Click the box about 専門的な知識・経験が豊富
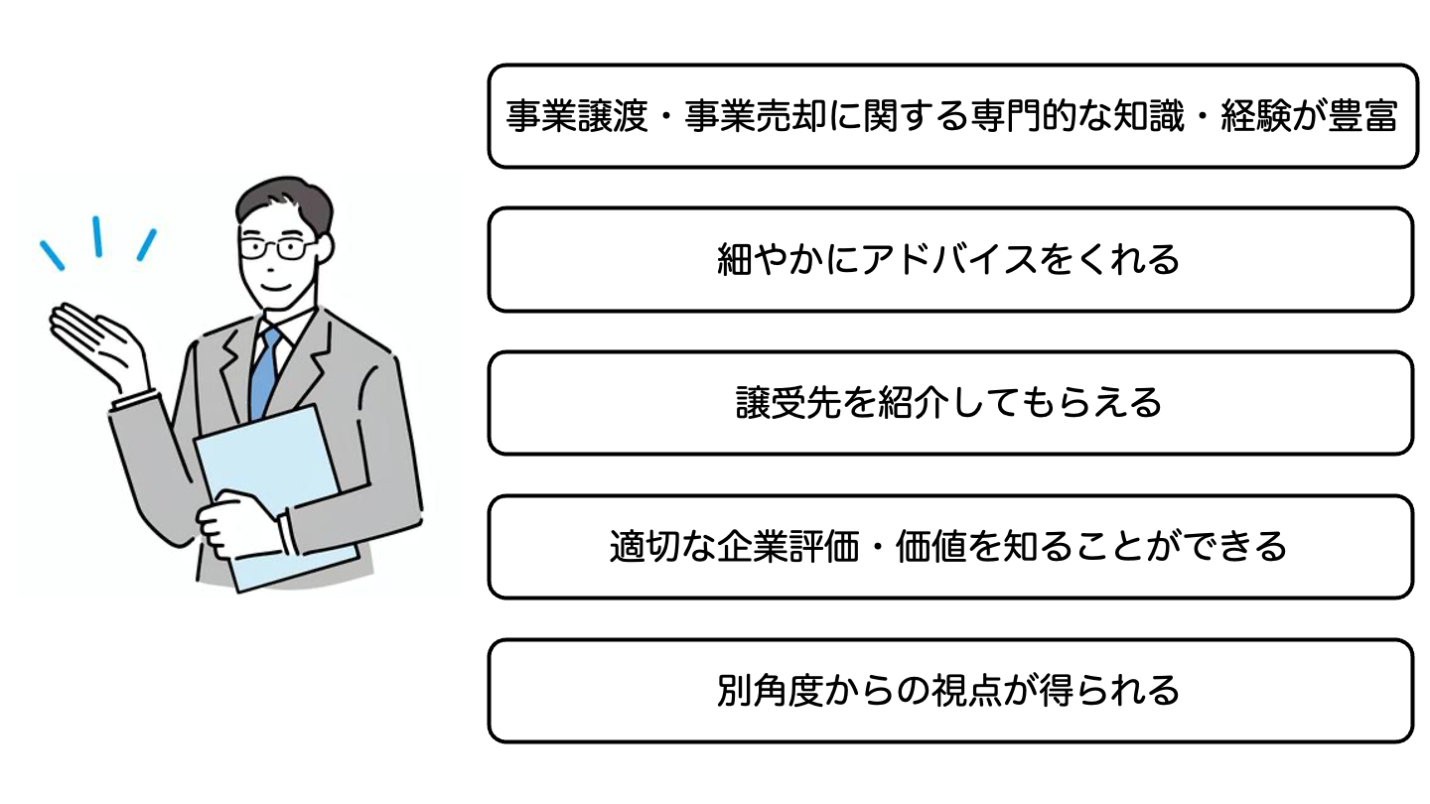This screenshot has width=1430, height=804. tap(951, 116)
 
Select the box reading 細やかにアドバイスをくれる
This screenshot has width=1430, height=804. tap(949, 259)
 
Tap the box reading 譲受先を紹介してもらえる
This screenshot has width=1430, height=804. tap(949, 403)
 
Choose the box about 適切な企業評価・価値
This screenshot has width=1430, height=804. tap(949, 547)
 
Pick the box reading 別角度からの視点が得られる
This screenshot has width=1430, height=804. tap(949, 691)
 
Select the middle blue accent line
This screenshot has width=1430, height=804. tap(97, 236)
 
